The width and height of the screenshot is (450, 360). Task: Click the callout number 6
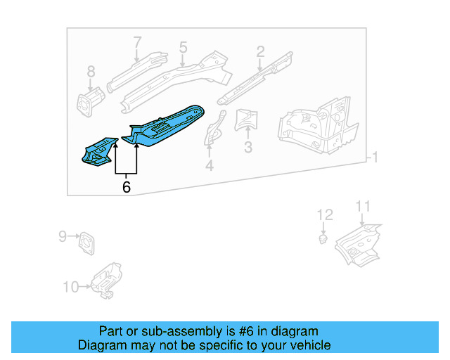click(x=126, y=187)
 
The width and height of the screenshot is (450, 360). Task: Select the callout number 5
click(x=183, y=48)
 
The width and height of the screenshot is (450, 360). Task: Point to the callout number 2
click(x=260, y=51)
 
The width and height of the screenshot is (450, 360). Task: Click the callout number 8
click(x=90, y=71)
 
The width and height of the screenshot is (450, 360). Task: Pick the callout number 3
click(x=247, y=147)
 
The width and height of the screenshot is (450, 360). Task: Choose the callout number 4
click(x=209, y=166)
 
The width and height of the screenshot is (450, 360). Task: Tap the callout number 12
click(x=323, y=214)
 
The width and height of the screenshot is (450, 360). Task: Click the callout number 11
click(x=362, y=206)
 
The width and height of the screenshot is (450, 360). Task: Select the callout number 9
click(x=62, y=237)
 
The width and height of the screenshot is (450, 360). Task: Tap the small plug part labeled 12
click(x=323, y=240)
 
